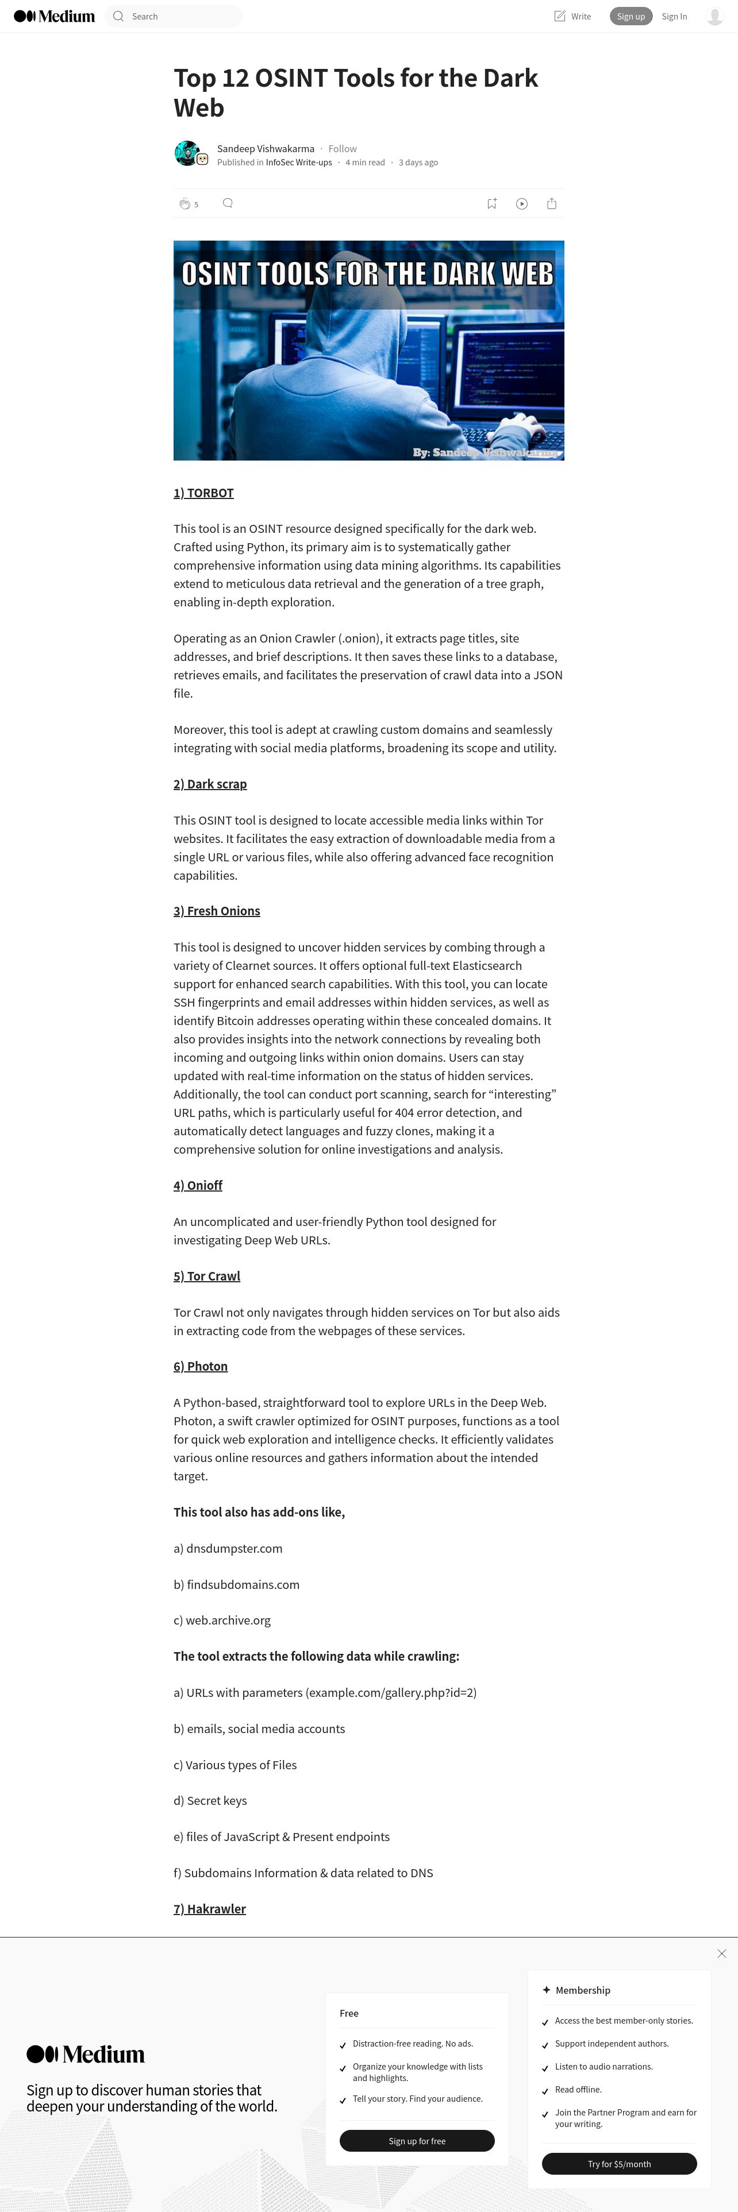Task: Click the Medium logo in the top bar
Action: (x=54, y=16)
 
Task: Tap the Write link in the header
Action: (x=572, y=16)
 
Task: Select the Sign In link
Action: (x=674, y=16)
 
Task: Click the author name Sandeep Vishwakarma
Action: (x=266, y=149)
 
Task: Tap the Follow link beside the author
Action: (x=342, y=149)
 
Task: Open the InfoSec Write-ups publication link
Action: (x=298, y=163)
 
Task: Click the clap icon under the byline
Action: (x=184, y=203)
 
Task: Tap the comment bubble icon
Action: (x=228, y=203)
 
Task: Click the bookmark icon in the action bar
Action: (x=491, y=203)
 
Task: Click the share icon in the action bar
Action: (x=552, y=203)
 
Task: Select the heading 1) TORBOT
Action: (x=203, y=493)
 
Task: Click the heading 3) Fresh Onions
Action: (x=217, y=911)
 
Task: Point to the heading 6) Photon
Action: (x=200, y=1366)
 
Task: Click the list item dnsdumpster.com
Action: (x=234, y=1548)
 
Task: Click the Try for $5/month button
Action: (x=618, y=2164)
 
